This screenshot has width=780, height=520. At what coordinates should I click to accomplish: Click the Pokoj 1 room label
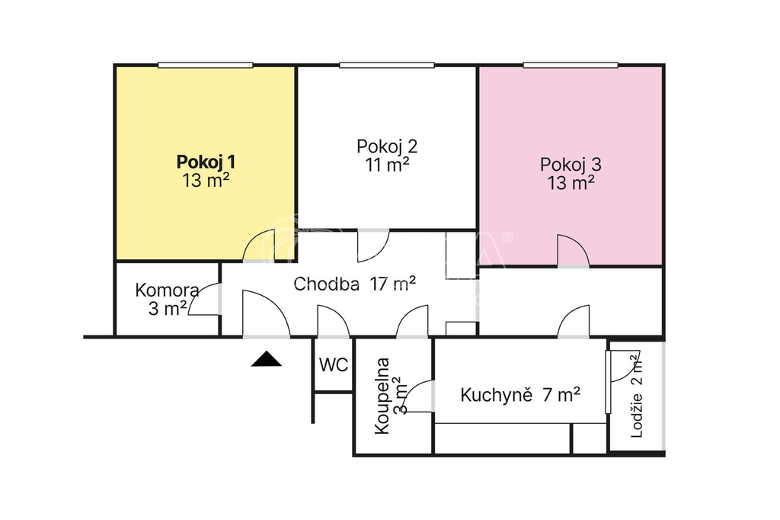[206, 162]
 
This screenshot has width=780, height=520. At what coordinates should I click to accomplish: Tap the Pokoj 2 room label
[387, 146]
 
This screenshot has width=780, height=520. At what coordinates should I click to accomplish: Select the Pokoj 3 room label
[571, 165]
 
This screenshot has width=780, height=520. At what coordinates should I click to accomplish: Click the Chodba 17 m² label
[354, 284]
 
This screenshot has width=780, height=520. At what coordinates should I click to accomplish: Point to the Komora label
[167, 290]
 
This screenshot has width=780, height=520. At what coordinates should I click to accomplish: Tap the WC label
[334, 365]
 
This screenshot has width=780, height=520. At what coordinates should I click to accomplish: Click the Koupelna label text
[382, 396]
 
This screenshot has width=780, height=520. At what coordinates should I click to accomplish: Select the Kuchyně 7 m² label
[519, 395]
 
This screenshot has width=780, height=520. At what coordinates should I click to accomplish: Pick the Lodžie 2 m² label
[636, 396]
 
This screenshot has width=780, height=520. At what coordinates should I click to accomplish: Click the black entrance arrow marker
[266, 358]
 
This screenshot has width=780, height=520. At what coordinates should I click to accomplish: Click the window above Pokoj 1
[206, 66]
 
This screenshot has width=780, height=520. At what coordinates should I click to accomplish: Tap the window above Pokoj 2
[386, 66]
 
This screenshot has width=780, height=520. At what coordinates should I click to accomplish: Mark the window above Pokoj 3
[571, 66]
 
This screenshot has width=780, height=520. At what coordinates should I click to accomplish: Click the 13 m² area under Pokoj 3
[571, 183]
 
